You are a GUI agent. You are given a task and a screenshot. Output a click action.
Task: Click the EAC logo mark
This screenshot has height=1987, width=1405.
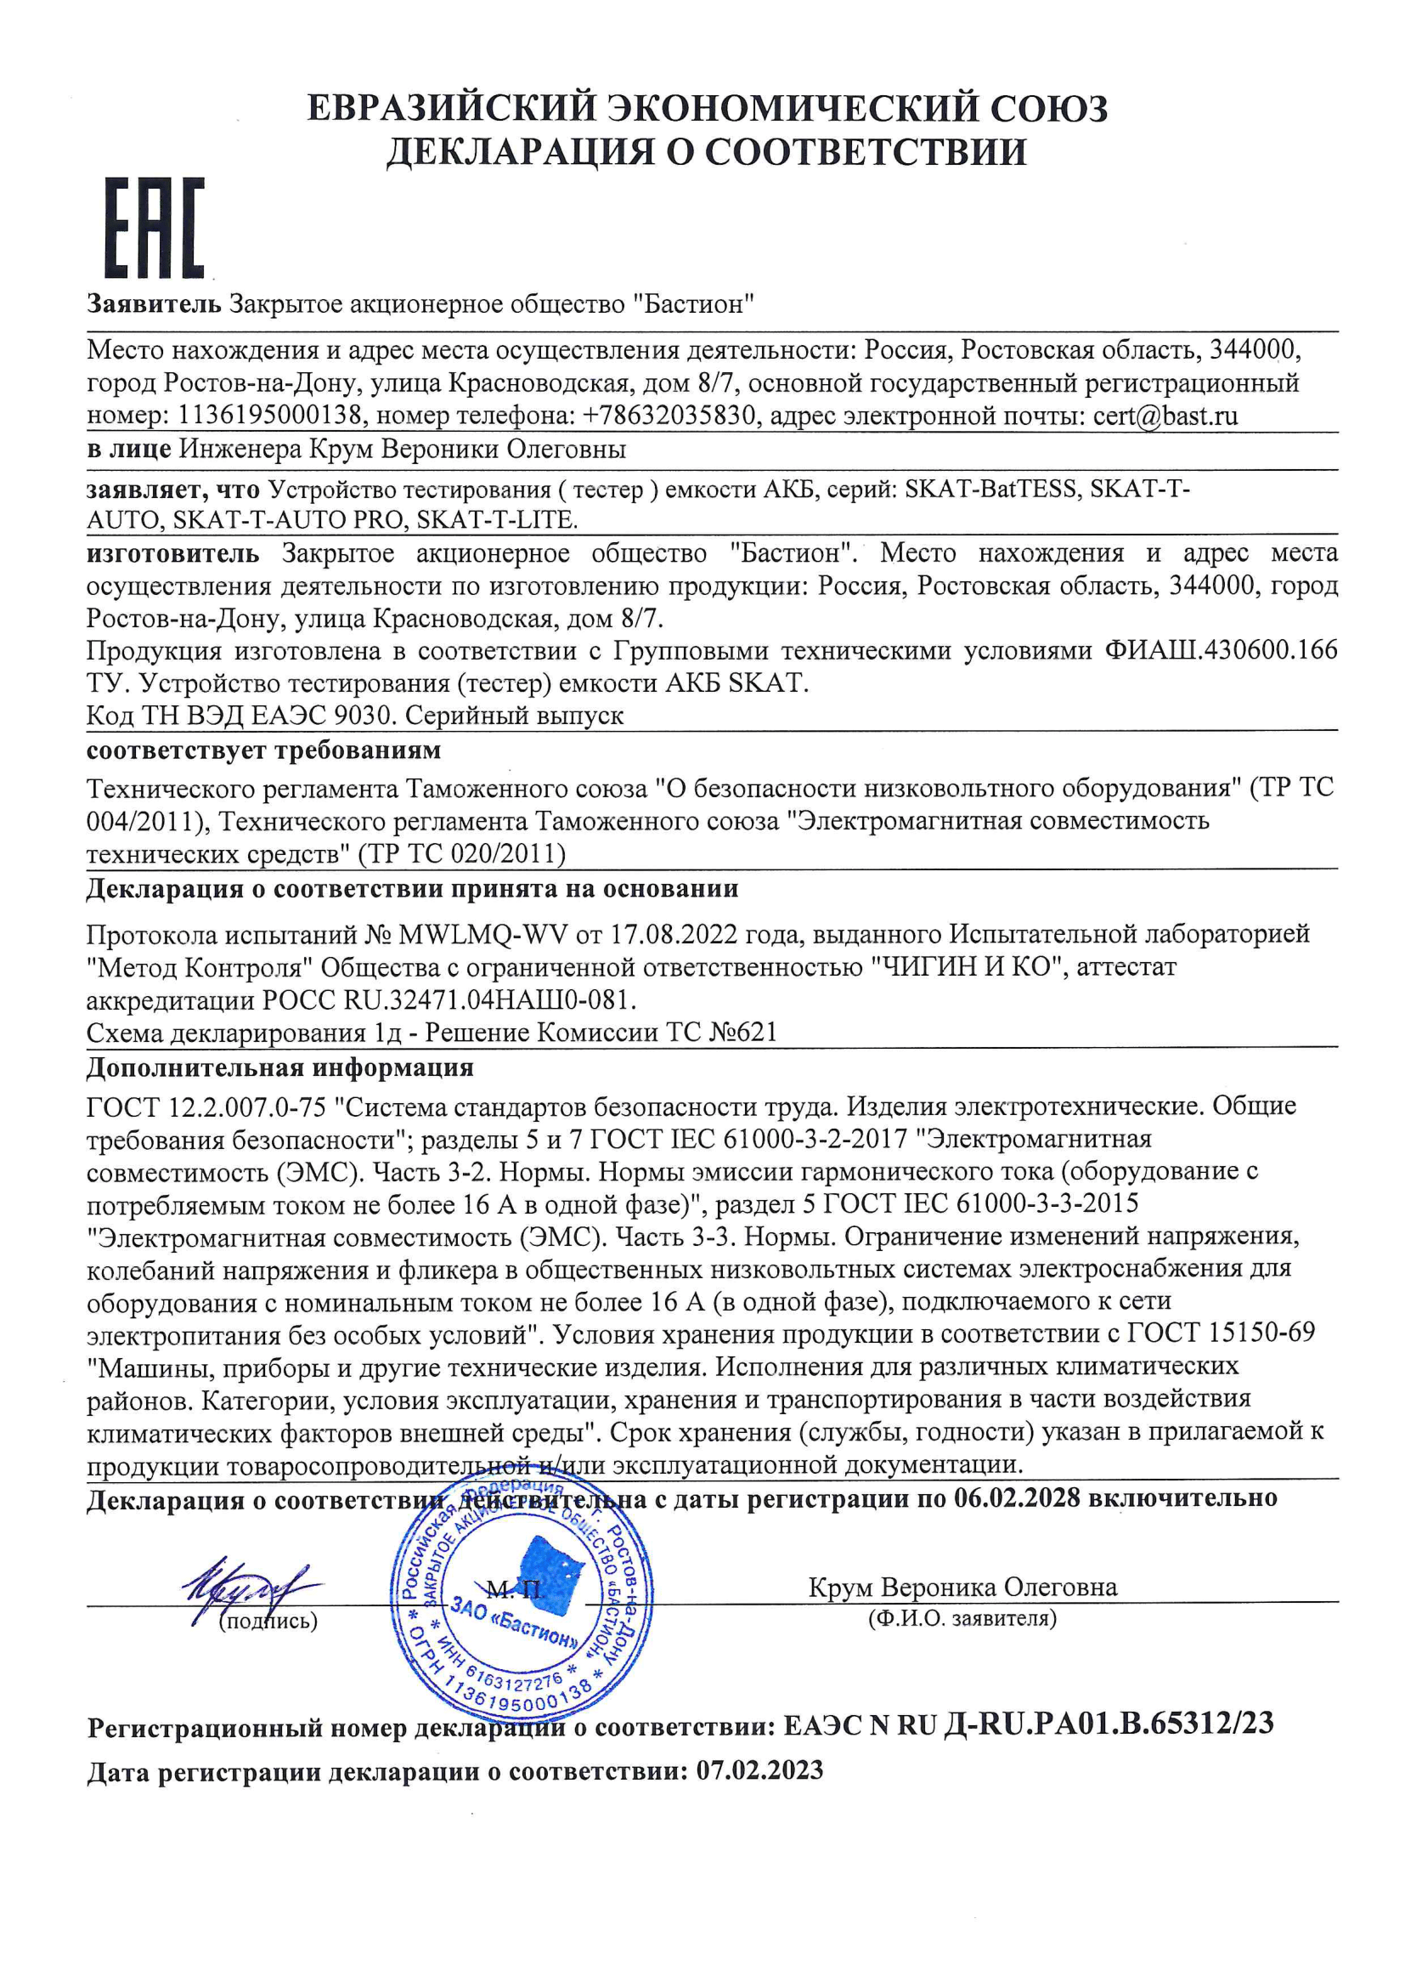(x=155, y=229)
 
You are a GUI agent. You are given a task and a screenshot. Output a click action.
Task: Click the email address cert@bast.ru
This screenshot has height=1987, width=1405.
(x=1165, y=416)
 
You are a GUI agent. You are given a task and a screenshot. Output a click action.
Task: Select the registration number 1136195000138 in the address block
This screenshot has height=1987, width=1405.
(x=269, y=416)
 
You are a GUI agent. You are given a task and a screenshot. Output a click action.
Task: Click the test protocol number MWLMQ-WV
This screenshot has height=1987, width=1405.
(x=482, y=935)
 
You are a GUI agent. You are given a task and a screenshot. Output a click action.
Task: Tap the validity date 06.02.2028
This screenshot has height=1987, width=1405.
(x=1018, y=1498)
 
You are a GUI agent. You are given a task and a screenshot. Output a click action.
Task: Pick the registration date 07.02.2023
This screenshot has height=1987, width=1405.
(x=759, y=1769)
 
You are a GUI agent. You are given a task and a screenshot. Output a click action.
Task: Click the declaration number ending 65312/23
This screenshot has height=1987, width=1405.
(x=1109, y=1723)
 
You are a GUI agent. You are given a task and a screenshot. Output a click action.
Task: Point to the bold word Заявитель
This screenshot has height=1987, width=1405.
(x=154, y=303)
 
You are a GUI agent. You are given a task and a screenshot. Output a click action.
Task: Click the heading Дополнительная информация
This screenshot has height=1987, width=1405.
(x=279, y=1067)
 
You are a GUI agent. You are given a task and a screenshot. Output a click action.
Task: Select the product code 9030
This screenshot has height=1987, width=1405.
(x=366, y=716)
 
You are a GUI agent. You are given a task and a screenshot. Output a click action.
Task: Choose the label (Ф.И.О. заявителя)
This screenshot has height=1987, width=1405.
(x=962, y=1618)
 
